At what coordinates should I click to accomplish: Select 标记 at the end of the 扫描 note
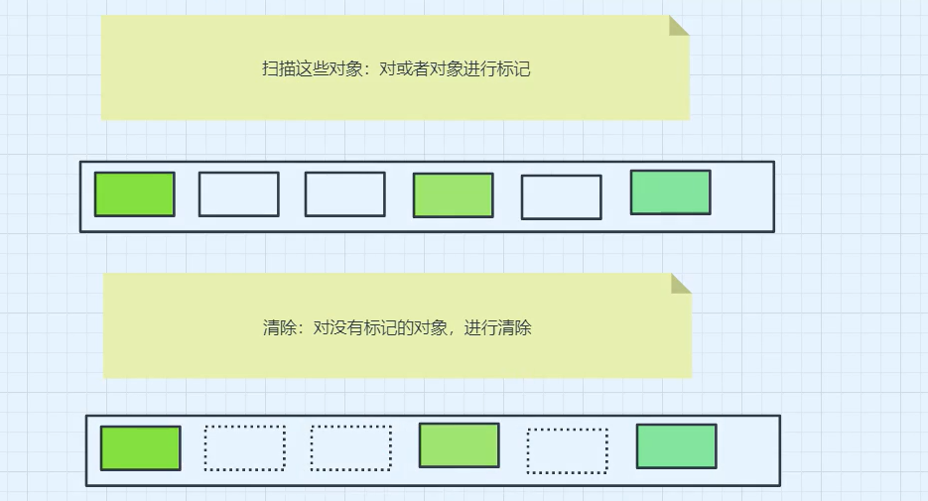click(x=514, y=69)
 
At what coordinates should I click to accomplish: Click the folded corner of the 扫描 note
click(x=678, y=25)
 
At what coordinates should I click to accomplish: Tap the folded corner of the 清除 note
click(x=680, y=284)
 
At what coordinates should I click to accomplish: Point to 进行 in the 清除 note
click(x=481, y=327)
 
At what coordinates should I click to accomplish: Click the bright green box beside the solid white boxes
click(x=134, y=193)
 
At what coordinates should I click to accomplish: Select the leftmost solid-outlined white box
click(x=238, y=193)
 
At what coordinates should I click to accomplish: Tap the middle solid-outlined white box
click(x=344, y=193)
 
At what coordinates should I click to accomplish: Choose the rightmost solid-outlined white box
click(x=561, y=196)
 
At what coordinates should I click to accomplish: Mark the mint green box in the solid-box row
click(x=670, y=192)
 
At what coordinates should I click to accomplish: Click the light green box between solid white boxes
click(x=453, y=194)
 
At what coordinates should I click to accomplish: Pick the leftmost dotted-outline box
click(x=244, y=448)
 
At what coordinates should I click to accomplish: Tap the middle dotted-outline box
click(x=350, y=448)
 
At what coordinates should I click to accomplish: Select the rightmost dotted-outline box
click(x=567, y=450)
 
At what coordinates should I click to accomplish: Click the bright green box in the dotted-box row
click(x=140, y=447)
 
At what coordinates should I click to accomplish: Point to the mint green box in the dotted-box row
click(x=676, y=445)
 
